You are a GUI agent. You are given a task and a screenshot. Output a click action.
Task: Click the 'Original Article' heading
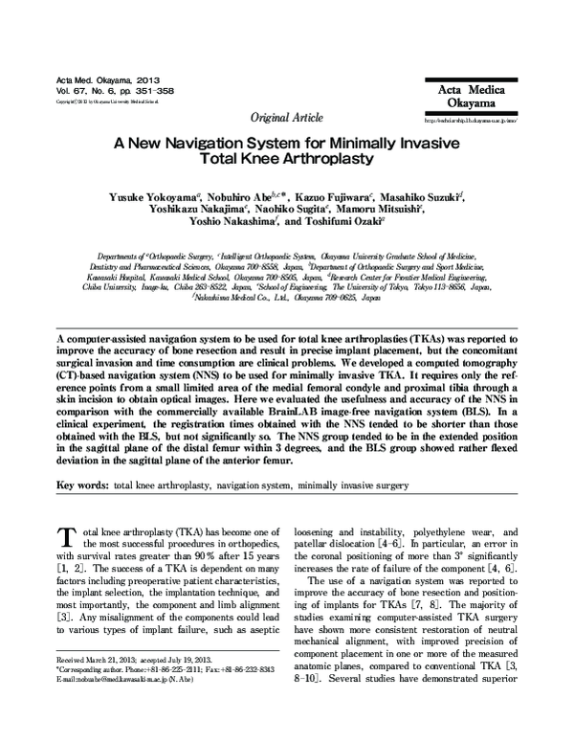pyautogui.click(x=286, y=117)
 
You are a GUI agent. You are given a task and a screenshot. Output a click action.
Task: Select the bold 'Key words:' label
pyautogui.click(x=82, y=485)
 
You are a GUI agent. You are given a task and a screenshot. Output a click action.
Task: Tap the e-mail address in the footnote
pyautogui.click(x=134, y=733)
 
